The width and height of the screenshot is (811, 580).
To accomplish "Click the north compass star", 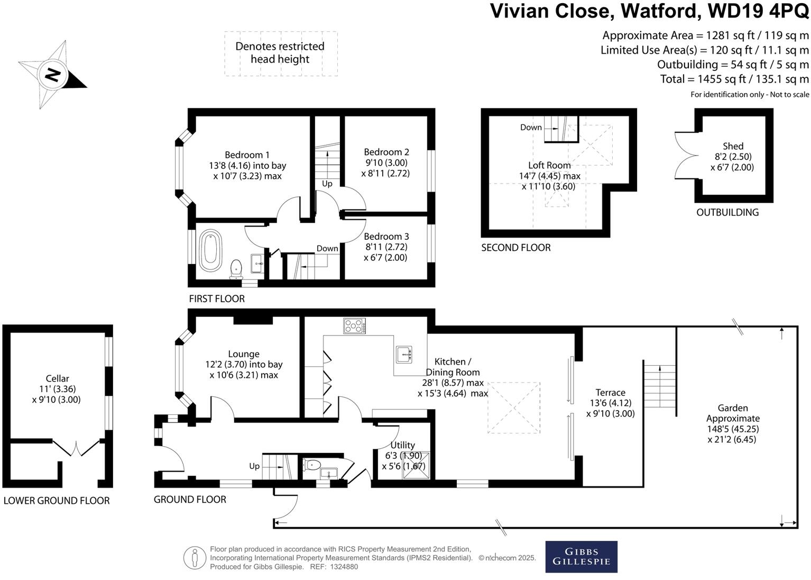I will click(x=52, y=75).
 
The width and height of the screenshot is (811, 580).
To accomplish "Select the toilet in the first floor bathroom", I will click(x=236, y=268).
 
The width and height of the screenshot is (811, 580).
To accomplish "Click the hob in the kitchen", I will click(x=354, y=325).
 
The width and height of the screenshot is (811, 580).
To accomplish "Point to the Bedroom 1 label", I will click(x=247, y=155).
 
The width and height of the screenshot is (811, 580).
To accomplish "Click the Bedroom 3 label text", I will click(x=386, y=237).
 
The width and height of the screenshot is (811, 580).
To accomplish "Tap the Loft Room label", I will click(x=549, y=165).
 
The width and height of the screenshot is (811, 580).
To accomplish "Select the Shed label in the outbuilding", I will click(x=733, y=146).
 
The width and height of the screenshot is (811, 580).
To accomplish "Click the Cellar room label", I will click(x=57, y=378).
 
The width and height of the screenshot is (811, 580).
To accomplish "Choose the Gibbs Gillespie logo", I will click(x=581, y=557).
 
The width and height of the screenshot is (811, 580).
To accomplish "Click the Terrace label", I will click(x=610, y=393).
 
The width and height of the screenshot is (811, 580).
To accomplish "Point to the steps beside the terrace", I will click(x=659, y=386).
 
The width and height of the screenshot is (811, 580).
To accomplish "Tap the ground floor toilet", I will click(x=312, y=465).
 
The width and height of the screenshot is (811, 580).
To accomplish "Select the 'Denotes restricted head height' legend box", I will click(x=280, y=53).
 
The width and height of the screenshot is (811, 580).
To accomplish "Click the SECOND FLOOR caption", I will click(x=515, y=248).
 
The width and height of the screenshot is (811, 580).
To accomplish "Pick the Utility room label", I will click(x=402, y=445).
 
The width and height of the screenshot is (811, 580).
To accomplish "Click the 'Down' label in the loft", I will click(x=531, y=128).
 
